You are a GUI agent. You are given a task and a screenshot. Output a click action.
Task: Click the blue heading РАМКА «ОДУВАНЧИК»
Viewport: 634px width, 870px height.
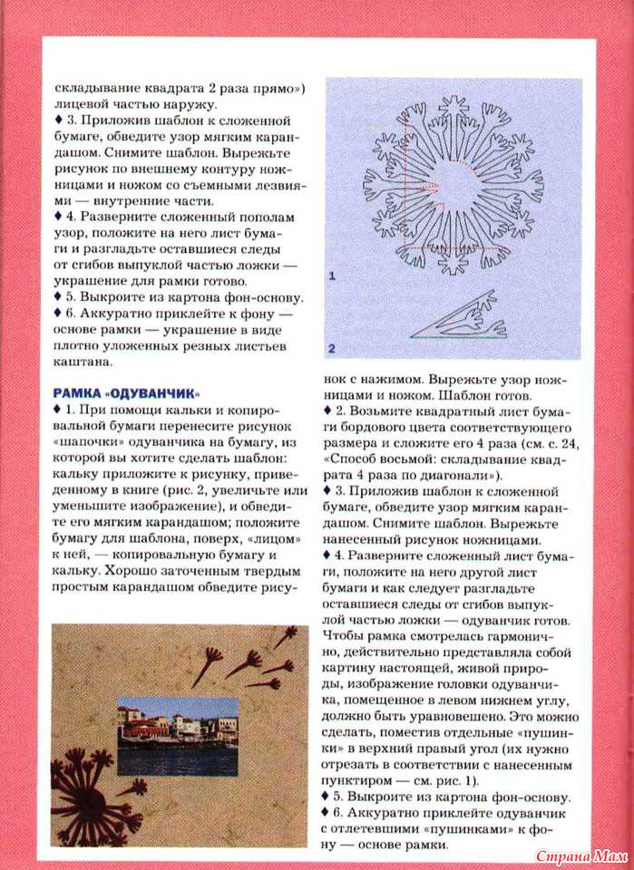click(125, 392)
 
